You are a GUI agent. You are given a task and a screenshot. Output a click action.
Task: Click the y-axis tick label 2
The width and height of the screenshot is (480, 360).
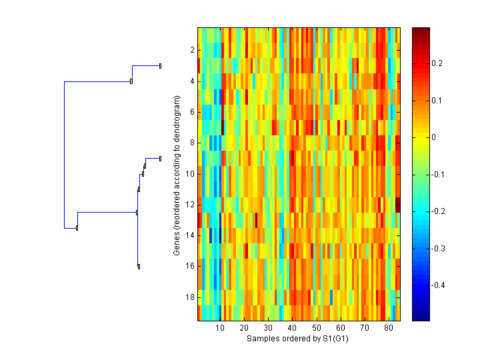(191, 50)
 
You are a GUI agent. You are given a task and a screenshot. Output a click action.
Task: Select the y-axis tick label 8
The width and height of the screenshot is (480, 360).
(191, 143)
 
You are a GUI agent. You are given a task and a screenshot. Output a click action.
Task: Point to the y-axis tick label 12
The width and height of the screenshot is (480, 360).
(189, 204)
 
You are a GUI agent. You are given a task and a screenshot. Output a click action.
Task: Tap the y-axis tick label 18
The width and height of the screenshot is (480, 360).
(189, 297)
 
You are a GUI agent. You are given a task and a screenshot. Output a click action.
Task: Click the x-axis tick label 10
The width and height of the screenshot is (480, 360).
(220, 329)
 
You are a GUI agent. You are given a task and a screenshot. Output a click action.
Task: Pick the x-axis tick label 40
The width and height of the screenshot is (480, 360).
(292, 329)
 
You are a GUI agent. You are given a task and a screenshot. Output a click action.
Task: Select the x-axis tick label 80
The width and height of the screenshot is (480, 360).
(389, 329)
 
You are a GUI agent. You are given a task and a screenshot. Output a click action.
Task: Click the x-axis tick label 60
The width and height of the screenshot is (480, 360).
(341, 329)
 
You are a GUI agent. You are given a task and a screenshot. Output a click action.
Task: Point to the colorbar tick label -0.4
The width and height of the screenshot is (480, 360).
(441, 285)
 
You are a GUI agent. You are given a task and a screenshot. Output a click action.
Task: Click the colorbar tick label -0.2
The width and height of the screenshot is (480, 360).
(441, 211)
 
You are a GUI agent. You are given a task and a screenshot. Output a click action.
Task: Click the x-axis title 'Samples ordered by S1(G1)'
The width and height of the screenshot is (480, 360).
(298, 339)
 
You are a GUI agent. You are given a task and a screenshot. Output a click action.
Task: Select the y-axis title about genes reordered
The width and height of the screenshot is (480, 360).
(177, 175)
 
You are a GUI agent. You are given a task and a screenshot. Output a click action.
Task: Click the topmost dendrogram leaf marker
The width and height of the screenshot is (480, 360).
(161, 65)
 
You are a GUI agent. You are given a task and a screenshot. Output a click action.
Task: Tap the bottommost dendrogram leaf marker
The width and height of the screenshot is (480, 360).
(139, 267)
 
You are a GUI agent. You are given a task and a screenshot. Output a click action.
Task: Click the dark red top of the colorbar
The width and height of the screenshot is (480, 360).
(421, 31)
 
